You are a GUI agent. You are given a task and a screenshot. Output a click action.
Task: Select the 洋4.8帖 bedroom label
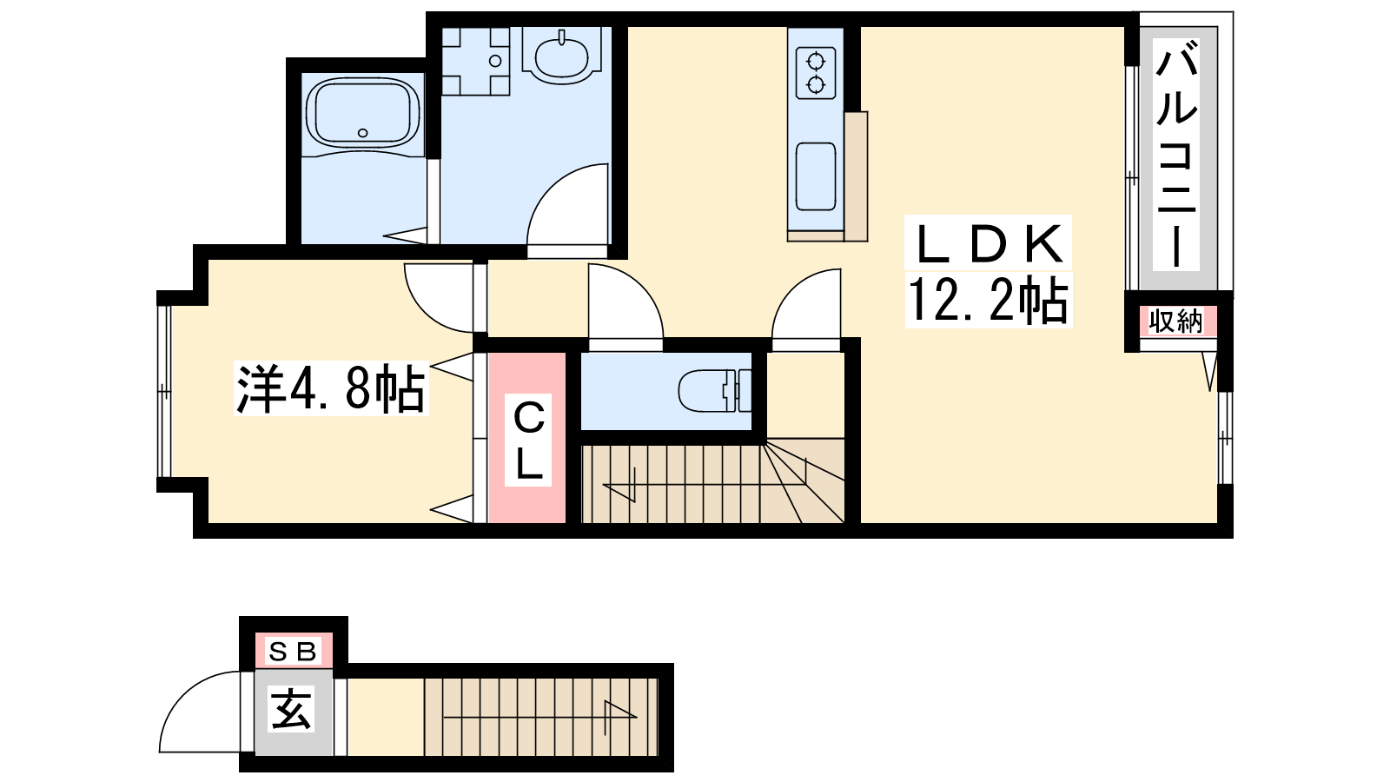(331, 389)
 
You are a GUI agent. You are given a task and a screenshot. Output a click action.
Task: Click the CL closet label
(528, 441)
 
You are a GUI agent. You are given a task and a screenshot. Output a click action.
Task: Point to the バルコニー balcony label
(1176, 156)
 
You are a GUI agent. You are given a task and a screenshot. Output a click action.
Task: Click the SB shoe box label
(292, 652)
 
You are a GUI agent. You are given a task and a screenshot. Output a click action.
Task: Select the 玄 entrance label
(292, 709)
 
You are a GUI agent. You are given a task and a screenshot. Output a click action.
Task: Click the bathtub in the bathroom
(362, 114)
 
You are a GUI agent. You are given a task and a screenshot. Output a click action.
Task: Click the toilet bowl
(715, 391)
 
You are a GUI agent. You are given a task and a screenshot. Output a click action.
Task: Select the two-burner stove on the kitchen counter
(816, 73)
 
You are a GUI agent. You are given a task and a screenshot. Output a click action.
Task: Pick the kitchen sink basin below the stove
(816, 177)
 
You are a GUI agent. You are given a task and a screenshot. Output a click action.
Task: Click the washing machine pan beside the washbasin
(475, 61)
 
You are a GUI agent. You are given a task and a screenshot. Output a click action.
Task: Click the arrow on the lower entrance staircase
(539, 718)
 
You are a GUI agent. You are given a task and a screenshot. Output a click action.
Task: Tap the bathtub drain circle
(363, 133)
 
